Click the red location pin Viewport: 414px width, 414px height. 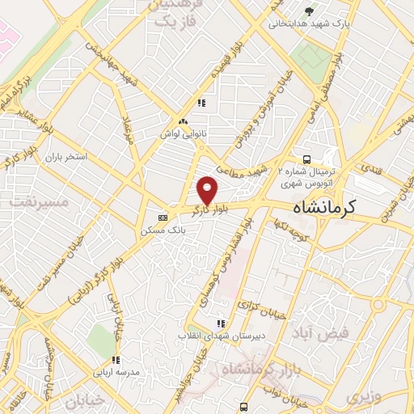pyautogui.click(x=208, y=190)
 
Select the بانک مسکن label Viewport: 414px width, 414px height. pyautogui.click(x=163, y=230)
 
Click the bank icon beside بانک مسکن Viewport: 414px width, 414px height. pyautogui.click(x=163, y=218)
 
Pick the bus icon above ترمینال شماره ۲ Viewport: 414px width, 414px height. pyautogui.click(x=306, y=159)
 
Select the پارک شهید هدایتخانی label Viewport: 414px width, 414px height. pyautogui.click(x=310, y=24)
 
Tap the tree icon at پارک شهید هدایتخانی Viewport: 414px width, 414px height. pyautogui.click(x=308, y=11)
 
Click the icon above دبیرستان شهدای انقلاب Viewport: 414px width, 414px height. pyautogui.click(x=220, y=323)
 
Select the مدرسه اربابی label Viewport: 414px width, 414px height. pyautogui.click(x=116, y=372)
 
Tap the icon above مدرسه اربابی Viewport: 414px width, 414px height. pyautogui.click(x=116, y=360)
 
